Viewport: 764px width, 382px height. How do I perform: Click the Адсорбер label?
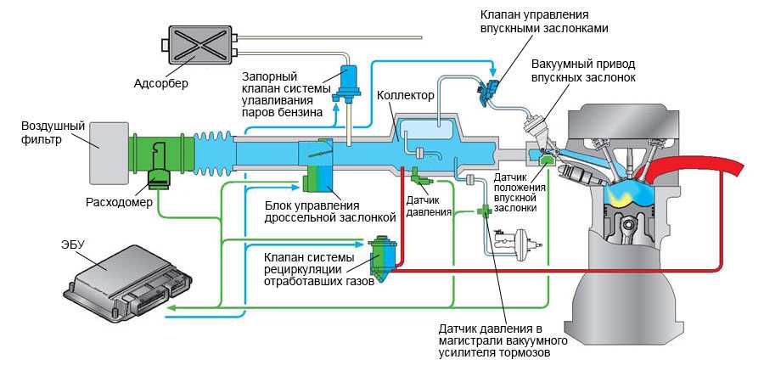(x=160, y=84)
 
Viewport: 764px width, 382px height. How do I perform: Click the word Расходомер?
(x=119, y=202)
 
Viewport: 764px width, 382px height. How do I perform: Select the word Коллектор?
(x=406, y=95)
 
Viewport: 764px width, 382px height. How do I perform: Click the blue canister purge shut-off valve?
(x=346, y=82)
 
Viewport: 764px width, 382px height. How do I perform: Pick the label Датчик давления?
(x=429, y=205)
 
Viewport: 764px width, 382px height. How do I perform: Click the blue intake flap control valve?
(x=490, y=90)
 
